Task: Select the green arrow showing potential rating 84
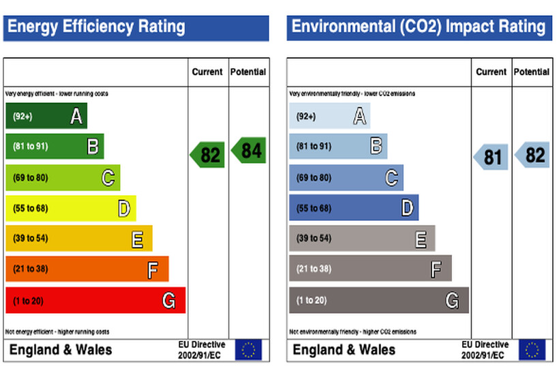(249, 150)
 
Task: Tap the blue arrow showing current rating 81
(492, 158)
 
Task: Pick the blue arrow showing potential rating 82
(532, 155)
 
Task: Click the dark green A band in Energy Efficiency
(46, 117)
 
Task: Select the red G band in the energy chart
(95, 300)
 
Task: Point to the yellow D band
(70, 208)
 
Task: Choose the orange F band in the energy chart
(87, 269)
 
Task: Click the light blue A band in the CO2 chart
(329, 117)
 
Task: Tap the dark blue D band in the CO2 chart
(353, 208)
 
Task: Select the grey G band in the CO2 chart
(378, 300)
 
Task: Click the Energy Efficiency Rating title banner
(136, 27)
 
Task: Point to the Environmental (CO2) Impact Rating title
(419, 27)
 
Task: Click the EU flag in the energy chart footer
(248, 350)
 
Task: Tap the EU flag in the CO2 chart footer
(532, 350)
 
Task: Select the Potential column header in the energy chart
(248, 72)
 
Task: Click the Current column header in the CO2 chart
(491, 72)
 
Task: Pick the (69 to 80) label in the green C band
(29, 178)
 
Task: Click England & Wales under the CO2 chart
(344, 350)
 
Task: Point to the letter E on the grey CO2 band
(421, 239)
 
